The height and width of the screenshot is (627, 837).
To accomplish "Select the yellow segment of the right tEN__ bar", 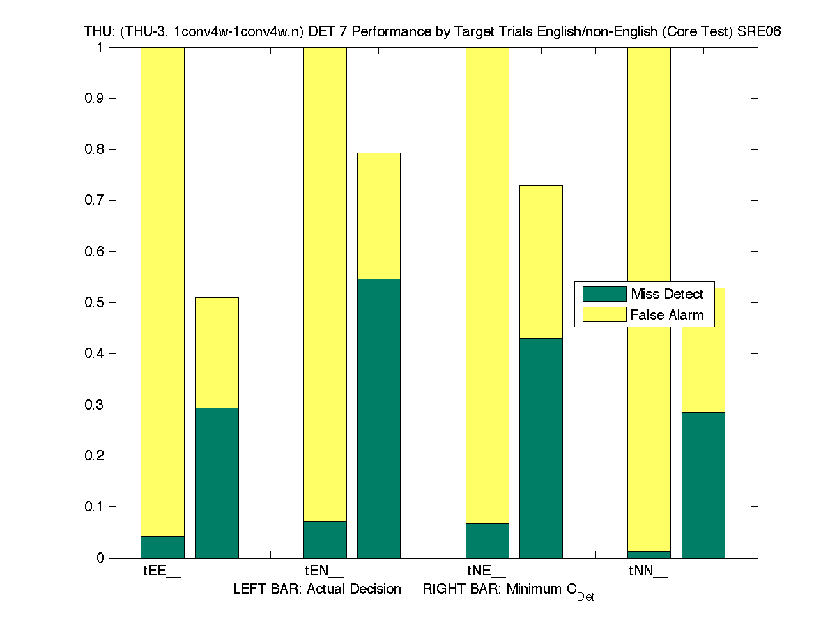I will pyautogui.click(x=378, y=215).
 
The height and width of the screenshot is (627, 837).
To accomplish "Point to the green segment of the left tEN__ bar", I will pyautogui.click(x=325, y=539).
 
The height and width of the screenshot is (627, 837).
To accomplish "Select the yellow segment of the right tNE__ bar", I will pyautogui.click(x=541, y=261).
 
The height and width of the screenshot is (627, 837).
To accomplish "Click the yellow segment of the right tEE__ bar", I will pyautogui.click(x=216, y=353).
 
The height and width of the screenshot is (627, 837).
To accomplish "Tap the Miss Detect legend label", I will pyautogui.click(x=667, y=294).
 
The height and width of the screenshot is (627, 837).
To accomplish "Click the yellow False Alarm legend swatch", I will pyautogui.click(x=604, y=314).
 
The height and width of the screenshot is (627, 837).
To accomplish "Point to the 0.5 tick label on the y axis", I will pyautogui.click(x=95, y=302).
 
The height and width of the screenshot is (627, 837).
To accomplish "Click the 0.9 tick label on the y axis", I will pyautogui.click(x=95, y=98).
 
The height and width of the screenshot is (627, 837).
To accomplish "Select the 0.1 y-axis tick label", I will pyautogui.click(x=95, y=506).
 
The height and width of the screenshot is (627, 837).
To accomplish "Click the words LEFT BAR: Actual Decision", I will pyautogui.click(x=317, y=589).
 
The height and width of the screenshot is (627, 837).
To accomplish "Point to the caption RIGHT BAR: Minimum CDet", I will pyautogui.click(x=509, y=591).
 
